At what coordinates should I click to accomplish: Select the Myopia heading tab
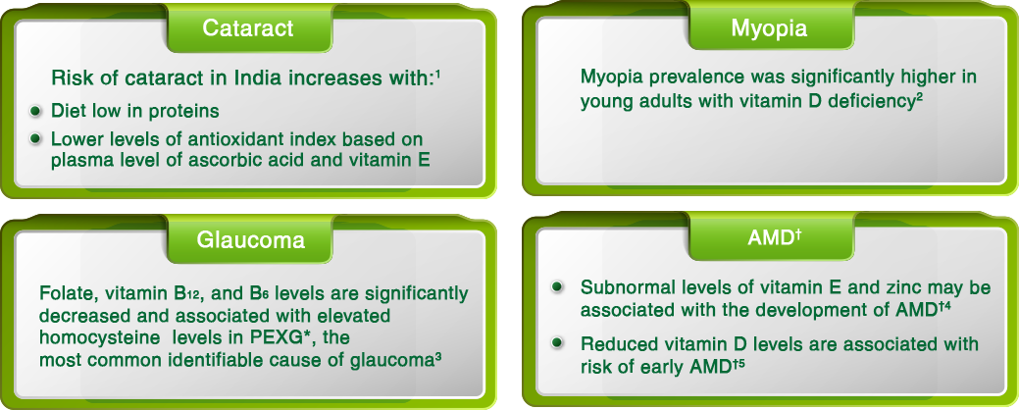coord(770,28)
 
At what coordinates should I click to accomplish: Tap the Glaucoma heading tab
coord(249,239)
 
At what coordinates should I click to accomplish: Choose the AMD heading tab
coord(770,238)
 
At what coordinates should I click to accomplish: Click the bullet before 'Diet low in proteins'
coord(35,111)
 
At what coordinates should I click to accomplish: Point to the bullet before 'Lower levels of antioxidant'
coord(35,139)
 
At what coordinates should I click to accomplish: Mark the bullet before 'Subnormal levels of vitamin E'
coord(556,286)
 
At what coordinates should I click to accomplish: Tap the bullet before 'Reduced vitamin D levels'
coord(556,343)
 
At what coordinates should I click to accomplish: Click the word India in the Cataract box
coord(256,78)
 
